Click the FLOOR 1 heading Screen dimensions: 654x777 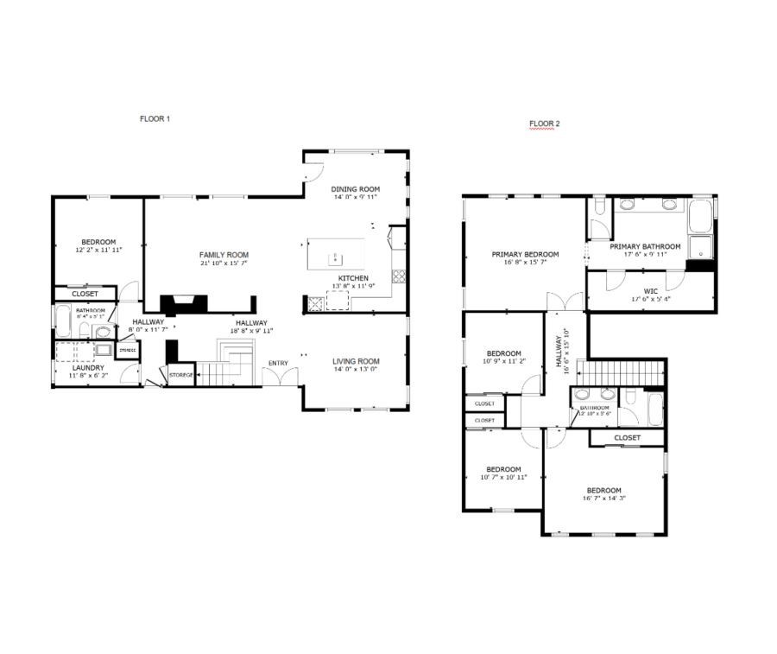pos(155,119)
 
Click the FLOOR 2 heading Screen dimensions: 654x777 pos(544,124)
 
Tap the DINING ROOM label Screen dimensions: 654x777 pos(356,189)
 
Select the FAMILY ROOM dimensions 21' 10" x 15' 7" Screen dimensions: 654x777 pos(224,264)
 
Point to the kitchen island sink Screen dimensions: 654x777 pos(336,257)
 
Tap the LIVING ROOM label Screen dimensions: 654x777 pos(356,361)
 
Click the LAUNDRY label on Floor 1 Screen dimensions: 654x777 pos(87,367)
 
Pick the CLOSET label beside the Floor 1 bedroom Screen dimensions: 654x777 pos(85,294)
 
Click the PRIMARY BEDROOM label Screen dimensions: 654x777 pos(525,255)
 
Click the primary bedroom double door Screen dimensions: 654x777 pos(566,302)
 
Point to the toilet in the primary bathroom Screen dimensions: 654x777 pos(628,204)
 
